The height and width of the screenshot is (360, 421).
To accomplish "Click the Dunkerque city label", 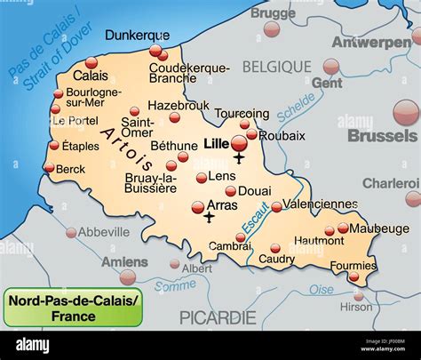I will click(x=137, y=36).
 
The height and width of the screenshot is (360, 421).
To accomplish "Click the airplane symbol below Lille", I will click(x=239, y=160).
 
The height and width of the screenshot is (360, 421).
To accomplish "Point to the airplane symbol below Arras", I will click(x=209, y=217).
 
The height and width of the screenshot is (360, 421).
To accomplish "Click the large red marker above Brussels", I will click(x=405, y=112).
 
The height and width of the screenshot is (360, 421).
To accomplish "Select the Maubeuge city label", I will click(x=373, y=228).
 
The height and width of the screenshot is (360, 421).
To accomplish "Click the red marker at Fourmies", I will click(x=355, y=276).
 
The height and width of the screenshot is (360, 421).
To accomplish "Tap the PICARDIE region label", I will click(x=218, y=317).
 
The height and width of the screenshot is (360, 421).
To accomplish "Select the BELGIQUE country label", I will click(x=277, y=67).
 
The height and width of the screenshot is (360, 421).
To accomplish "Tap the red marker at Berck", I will click(x=48, y=167).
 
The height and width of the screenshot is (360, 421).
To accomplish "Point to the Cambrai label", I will click(x=229, y=246).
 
